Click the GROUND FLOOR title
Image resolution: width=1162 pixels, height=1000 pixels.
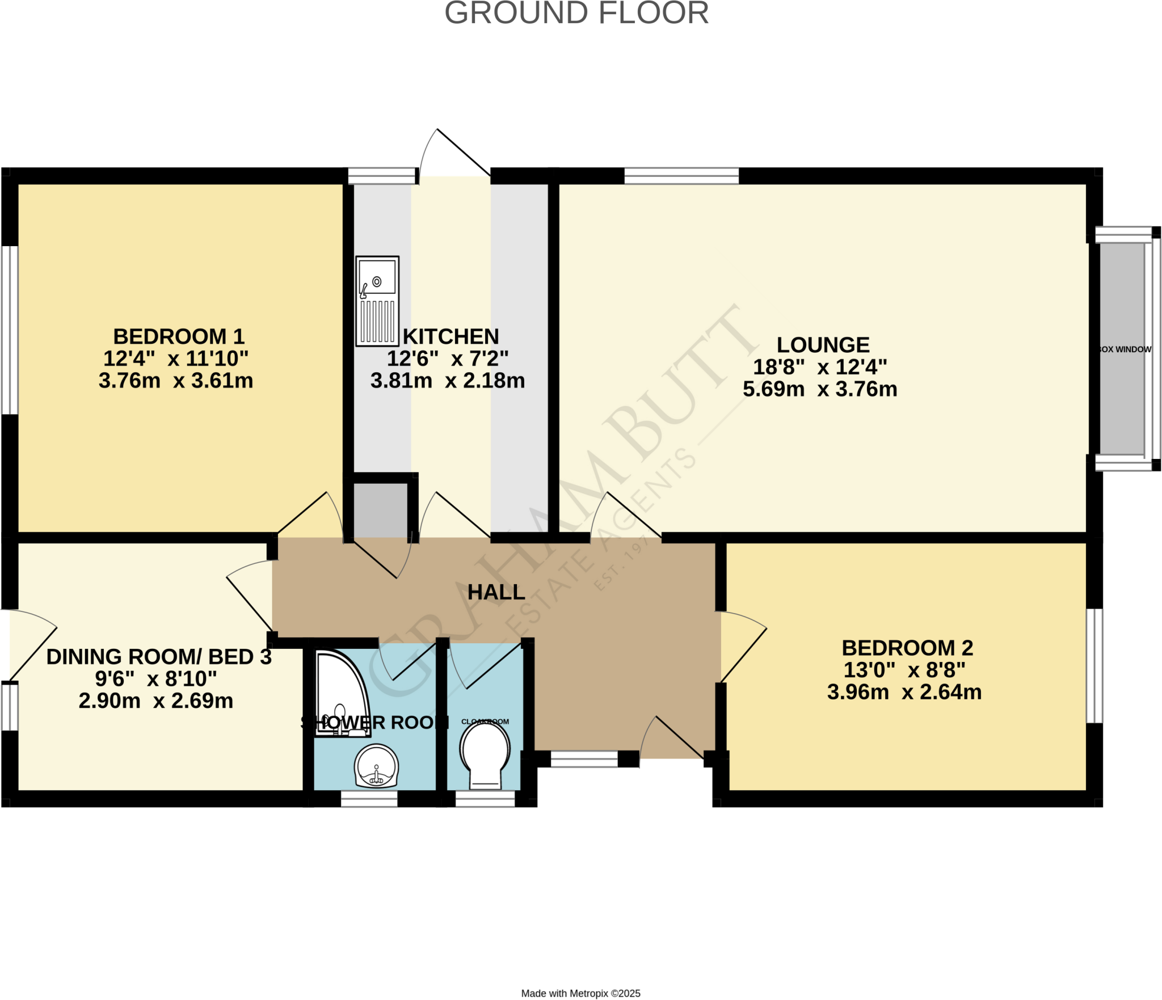coord(576,14)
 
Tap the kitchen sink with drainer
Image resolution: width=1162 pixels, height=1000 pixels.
coord(377,301)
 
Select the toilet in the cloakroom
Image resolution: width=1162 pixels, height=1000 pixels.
coord(485,754)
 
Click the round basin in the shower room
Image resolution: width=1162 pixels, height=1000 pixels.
coord(376,766)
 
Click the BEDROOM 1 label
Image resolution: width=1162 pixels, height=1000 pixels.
coord(179,337)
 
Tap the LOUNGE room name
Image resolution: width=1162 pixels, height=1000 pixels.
coord(823,345)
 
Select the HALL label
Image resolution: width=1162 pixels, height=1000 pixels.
coord(496,592)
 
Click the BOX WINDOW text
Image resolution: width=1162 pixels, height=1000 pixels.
coord(1125,349)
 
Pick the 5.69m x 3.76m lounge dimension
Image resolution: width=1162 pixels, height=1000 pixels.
coord(820,389)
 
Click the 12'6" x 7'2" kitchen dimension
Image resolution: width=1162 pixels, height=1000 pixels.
coord(448,358)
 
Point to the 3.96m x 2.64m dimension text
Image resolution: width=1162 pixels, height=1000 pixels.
coord(904,692)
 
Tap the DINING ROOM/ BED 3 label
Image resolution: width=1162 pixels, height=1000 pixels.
coord(159,657)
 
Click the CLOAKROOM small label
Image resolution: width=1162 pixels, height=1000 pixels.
coord(485,721)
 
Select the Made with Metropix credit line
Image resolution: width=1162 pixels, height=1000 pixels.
coord(580,993)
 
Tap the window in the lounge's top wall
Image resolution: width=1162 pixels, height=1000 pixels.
coord(681,176)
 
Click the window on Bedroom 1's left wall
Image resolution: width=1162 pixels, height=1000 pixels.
coord(10,330)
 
